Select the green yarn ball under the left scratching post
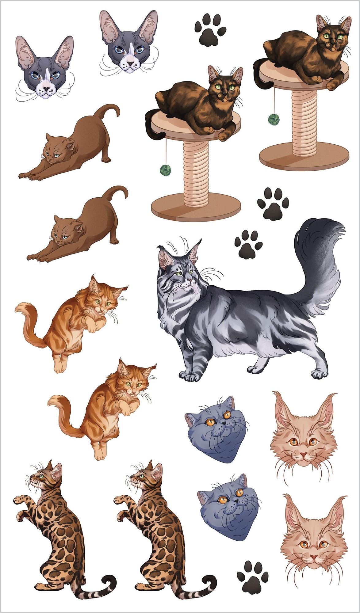(166, 170)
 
